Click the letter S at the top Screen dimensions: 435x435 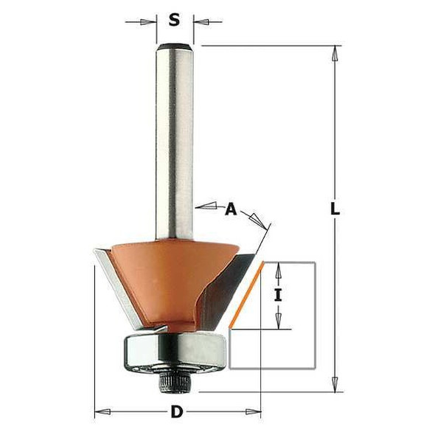point(175,20)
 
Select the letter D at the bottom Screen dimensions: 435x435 point(177,411)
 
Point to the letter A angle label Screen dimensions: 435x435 point(231,210)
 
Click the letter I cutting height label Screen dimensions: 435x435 point(278,296)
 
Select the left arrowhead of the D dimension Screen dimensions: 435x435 point(102,411)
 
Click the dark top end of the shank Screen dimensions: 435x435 point(175,47)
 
